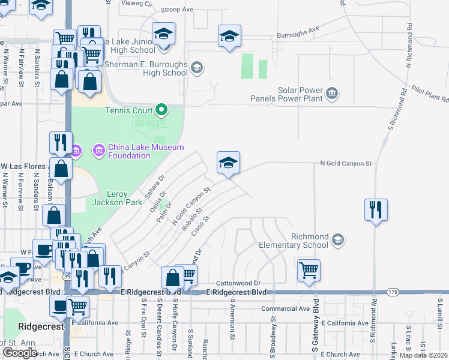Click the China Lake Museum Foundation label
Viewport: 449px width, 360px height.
[137, 151]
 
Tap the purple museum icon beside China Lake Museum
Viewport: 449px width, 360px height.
[76, 149]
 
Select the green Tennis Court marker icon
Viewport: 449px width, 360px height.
[161, 110]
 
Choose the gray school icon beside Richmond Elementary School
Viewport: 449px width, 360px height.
[338, 241]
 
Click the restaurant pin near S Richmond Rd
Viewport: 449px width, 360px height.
[376, 210]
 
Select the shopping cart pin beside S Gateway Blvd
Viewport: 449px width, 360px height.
[309, 271]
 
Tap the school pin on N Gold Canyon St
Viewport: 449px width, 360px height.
[228, 163]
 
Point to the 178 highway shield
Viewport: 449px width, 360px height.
[393, 292]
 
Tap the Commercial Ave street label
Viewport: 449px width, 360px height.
[285, 308]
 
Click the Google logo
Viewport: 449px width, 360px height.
[20, 353]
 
